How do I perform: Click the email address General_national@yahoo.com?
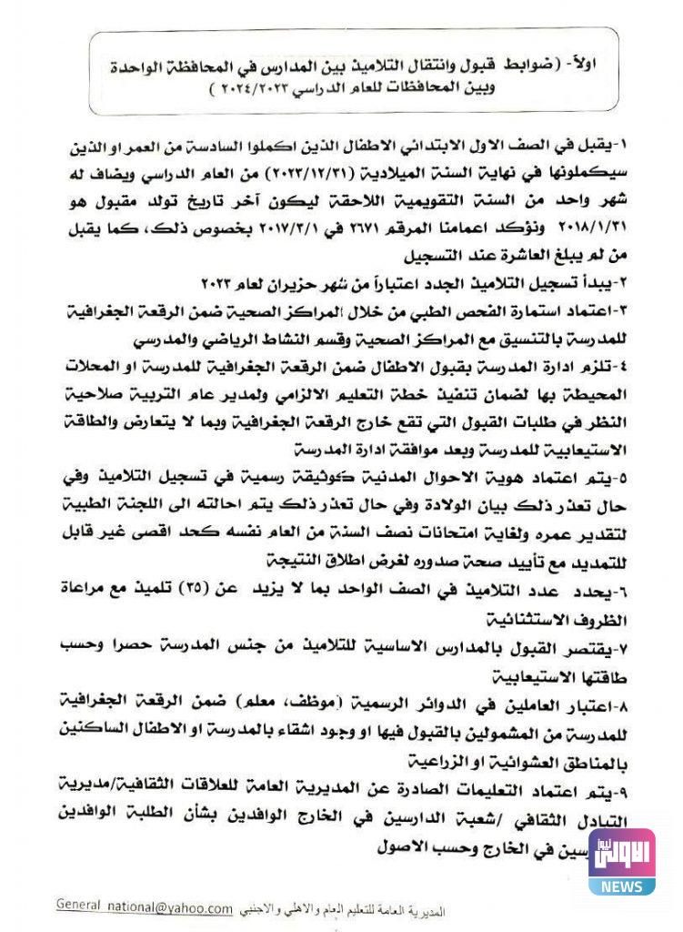[x=145, y=906]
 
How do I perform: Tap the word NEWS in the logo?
[x=621, y=886]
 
